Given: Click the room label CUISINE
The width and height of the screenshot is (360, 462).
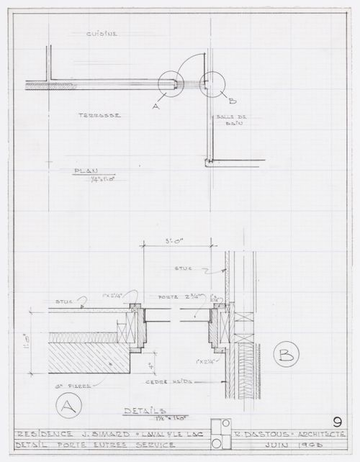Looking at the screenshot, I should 102,34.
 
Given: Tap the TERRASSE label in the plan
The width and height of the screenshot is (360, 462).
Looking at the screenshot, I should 99,115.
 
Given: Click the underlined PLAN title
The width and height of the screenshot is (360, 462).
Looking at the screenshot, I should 86,171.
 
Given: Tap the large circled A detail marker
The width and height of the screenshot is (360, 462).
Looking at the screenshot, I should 66,406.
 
